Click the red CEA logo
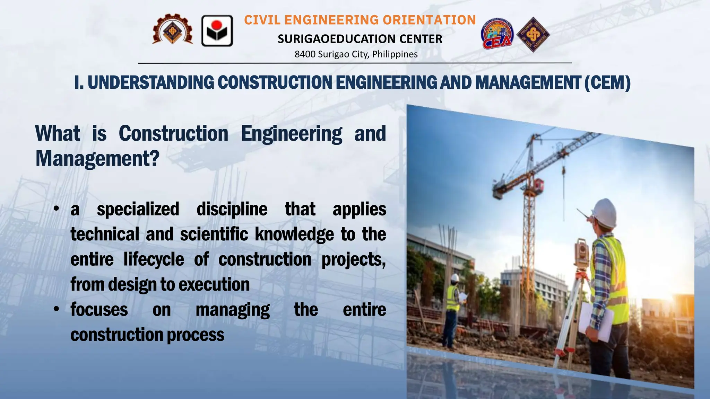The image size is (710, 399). point(497,34)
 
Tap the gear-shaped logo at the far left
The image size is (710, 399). point(172,30)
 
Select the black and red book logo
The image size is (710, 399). point(217,31)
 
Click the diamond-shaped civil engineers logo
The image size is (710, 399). point(533,34)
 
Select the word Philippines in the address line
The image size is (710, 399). point(395,54)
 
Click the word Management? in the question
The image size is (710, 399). point(97,159)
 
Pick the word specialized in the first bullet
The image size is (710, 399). point(138,209)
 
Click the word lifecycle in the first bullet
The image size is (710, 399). point(154,260)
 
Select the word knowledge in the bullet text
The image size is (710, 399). point(294,234)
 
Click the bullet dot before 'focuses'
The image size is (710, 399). point(57,309)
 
